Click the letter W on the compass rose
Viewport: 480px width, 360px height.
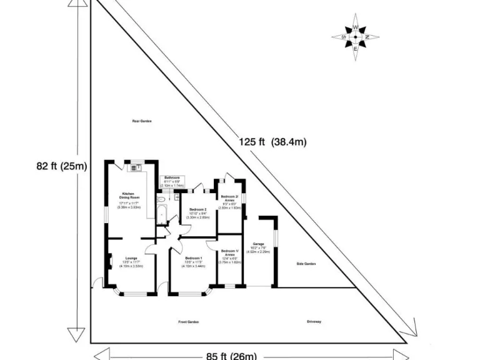point(355,28)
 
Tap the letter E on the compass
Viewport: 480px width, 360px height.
point(355,49)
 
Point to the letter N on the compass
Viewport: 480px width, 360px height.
point(367,37)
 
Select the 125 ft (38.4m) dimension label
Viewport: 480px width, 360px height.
point(272,142)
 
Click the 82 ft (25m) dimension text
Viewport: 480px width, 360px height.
point(61,166)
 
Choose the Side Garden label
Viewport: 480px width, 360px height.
point(306,264)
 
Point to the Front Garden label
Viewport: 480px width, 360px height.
point(188,322)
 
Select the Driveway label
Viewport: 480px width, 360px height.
point(314,322)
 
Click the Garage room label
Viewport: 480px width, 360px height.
point(259,244)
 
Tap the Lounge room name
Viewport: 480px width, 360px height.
point(131,257)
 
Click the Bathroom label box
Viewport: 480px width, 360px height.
point(172,181)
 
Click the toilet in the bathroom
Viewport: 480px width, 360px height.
point(161,199)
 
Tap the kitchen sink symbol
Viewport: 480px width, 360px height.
point(135,167)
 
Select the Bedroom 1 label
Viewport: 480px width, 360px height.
point(193,259)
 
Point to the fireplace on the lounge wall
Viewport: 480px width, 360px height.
point(109,260)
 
